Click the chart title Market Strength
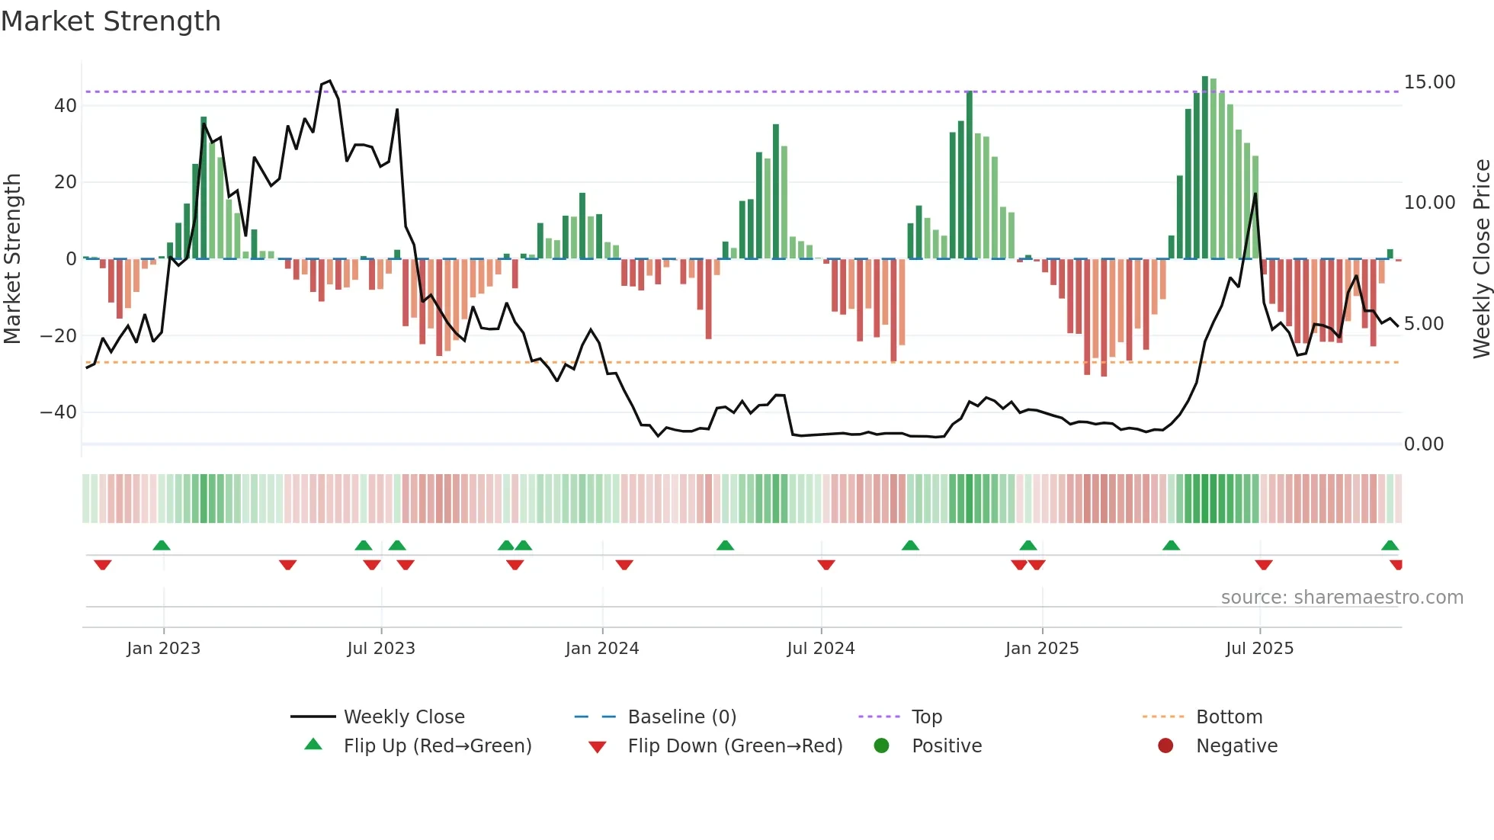pos(111,21)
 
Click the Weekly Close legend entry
pos(403,717)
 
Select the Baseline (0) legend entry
pos(681,717)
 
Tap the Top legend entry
pos(926,717)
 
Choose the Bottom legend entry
pos(1229,717)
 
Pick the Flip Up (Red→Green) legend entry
pos(437,746)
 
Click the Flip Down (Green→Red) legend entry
pos(734,746)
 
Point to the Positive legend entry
pos(946,746)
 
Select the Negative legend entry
pos(1236,746)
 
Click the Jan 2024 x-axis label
pos(601,649)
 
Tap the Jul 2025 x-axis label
pos(1259,649)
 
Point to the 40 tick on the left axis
pos(66,106)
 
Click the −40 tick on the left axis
pos(59,412)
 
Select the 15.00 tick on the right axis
pos(1429,82)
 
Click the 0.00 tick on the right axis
pos(1423,444)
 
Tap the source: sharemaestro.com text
pos(1342,598)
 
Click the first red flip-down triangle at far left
pos(103,565)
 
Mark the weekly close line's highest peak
pos(329,81)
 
